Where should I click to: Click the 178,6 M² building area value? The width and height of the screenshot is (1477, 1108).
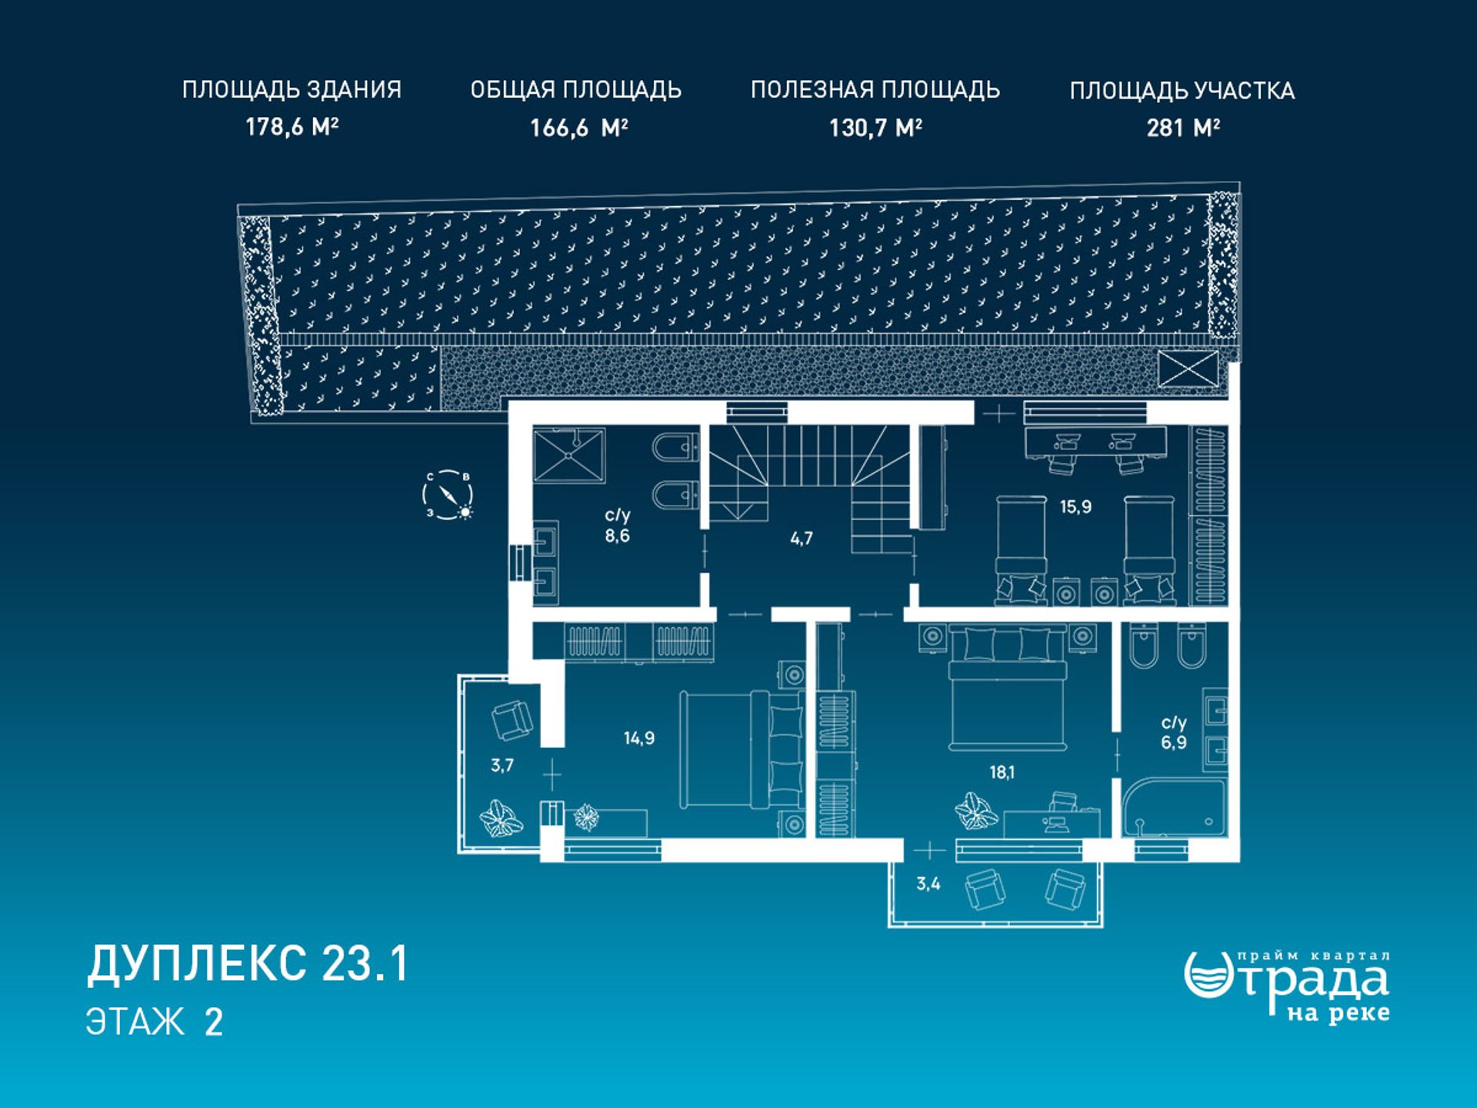[292, 126]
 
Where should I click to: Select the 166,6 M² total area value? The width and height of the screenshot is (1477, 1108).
[578, 127]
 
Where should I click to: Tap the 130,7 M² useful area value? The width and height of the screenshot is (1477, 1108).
[875, 127]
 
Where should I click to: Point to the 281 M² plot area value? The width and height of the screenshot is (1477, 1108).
[1183, 127]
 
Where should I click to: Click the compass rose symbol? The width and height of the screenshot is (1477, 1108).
[448, 495]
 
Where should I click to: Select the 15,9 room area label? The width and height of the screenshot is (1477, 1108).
[1075, 507]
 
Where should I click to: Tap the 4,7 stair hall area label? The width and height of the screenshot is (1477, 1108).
[802, 539]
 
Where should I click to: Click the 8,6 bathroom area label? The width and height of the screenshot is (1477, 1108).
[617, 536]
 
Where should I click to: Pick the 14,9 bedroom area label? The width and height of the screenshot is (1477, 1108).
[639, 739]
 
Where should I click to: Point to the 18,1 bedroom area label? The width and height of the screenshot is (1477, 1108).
[1002, 773]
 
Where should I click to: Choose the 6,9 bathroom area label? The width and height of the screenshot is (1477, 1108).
[1174, 743]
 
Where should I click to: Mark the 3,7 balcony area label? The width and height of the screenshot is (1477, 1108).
[502, 766]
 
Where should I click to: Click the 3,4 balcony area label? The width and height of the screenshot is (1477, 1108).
[929, 884]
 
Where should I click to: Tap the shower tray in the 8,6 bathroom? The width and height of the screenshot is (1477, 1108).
[569, 455]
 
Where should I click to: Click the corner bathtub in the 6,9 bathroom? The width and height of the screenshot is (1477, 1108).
[1173, 809]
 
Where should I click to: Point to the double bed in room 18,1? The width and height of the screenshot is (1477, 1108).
[1008, 687]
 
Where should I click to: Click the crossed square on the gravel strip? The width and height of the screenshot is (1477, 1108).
[1188, 369]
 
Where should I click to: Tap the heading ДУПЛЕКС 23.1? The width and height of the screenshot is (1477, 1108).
[248, 963]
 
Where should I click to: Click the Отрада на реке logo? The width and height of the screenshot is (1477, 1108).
[1287, 987]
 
